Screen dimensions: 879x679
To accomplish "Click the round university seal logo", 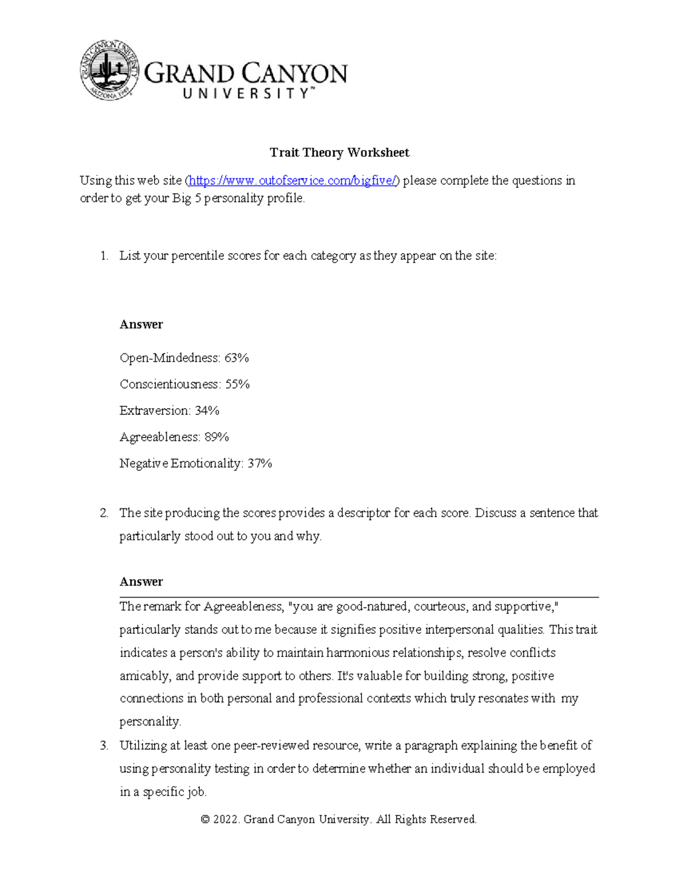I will [x=110, y=70].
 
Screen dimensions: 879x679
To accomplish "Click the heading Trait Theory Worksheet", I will [x=339, y=152].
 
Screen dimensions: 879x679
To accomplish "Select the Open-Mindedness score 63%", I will [x=237, y=358].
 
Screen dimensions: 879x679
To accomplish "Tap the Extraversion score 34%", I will [x=207, y=410].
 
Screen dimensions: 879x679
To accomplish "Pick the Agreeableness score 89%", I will [x=217, y=437].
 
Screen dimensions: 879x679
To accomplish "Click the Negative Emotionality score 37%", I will [x=260, y=464].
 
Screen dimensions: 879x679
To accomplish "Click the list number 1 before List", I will [x=104, y=256].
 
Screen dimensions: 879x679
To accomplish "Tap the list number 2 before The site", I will [x=104, y=513].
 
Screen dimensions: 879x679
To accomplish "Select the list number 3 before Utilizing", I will [x=104, y=746].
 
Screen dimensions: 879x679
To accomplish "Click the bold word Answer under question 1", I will [x=141, y=324].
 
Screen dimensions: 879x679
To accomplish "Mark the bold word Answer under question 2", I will [x=141, y=582].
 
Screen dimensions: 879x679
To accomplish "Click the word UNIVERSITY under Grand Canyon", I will [x=246, y=94].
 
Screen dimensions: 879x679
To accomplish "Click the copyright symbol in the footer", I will [x=205, y=820].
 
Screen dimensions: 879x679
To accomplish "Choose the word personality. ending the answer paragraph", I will [x=150, y=722].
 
